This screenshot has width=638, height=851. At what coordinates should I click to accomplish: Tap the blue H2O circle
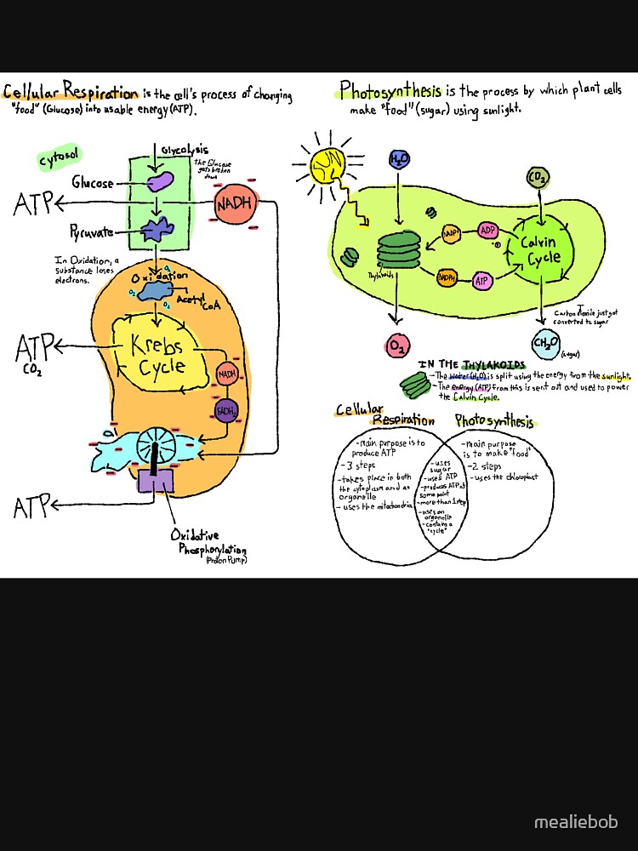[x=398, y=159]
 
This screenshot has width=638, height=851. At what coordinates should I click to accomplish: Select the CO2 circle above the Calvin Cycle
[x=538, y=177]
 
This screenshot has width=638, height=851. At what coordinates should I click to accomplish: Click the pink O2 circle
[x=397, y=346]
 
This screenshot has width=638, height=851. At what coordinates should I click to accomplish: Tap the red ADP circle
[x=487, y=231]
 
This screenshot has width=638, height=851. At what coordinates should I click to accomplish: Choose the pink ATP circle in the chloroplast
[x=482, y=279]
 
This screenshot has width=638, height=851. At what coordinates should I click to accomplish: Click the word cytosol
[x=60, y=159]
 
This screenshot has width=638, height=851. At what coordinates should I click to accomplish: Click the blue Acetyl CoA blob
[x=155, y=292]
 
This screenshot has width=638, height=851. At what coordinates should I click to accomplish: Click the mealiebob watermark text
[x=576, y=823]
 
